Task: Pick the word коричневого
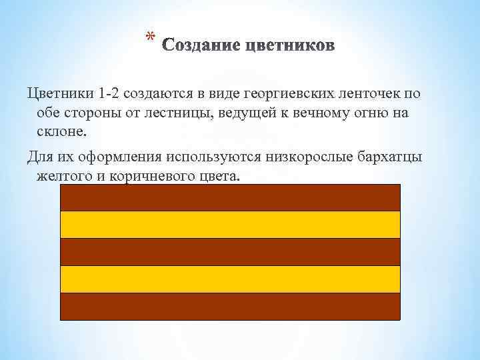pos(147,177)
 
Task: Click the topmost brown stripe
pos(230,197)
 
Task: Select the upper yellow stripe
pos(230,225)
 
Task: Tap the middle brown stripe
pos(230,252)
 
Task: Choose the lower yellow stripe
pos(230,279)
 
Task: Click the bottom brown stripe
pos(230,307)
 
